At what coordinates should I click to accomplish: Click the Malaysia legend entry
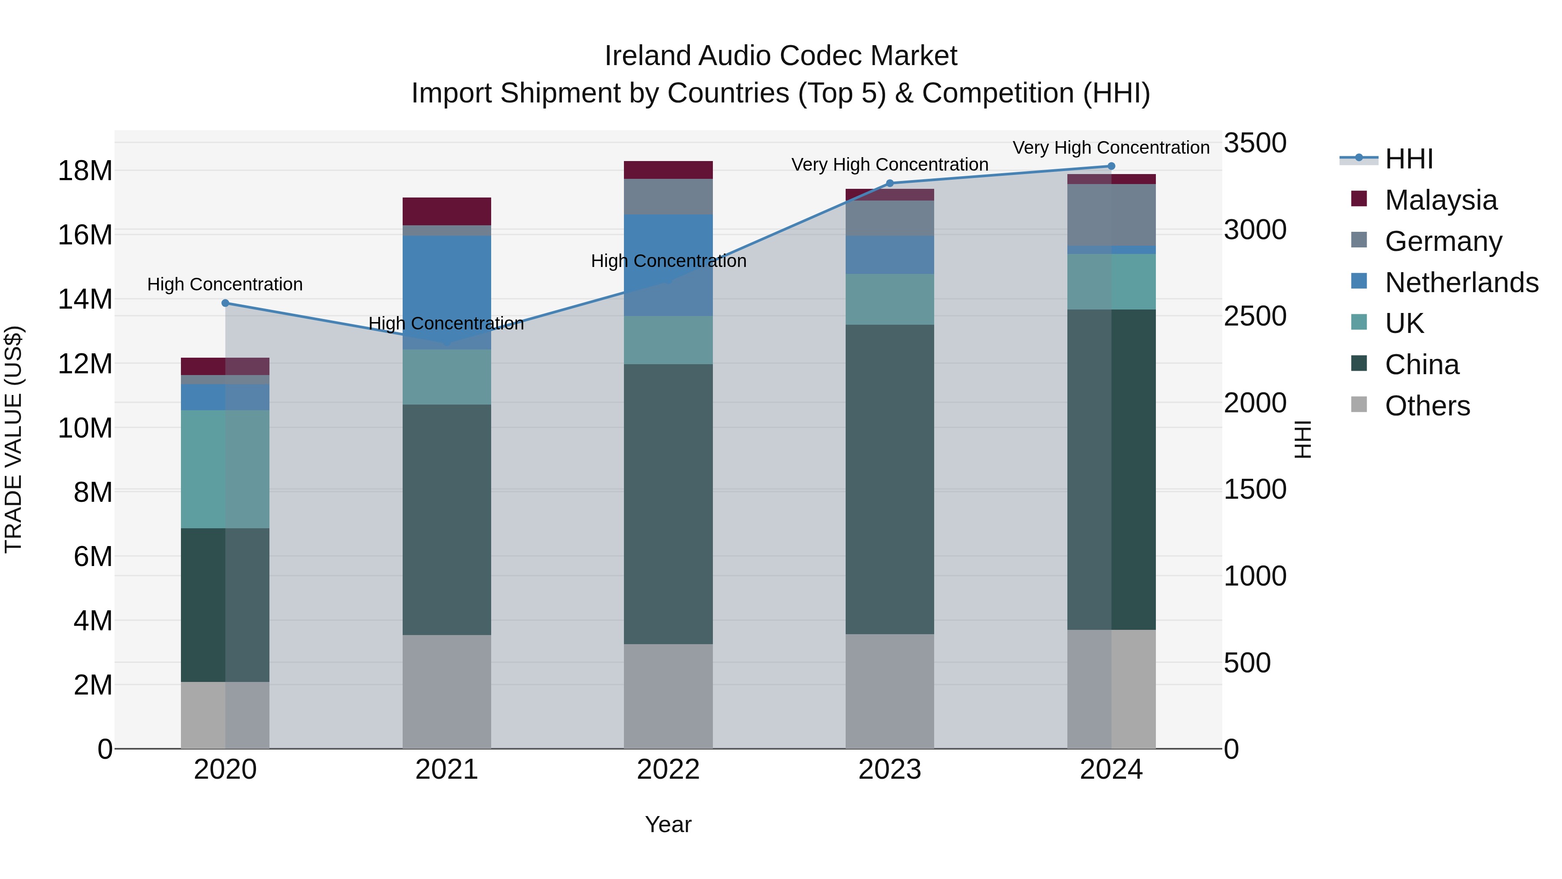[x=1440, y=200]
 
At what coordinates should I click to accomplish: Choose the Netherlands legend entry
[x=1461, y=283]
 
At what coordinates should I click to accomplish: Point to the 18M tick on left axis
[x=85, y=171]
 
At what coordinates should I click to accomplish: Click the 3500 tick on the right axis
[x=1254, y=143]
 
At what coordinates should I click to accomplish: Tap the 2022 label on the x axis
[x=668, y=770]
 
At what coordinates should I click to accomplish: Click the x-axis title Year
[x=668, y=824]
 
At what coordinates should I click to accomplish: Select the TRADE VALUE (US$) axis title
[x=13, y=439]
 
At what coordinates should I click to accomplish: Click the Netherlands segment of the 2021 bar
[x=446, y=291]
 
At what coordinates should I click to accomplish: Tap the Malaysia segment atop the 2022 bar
[x=668, y=170]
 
